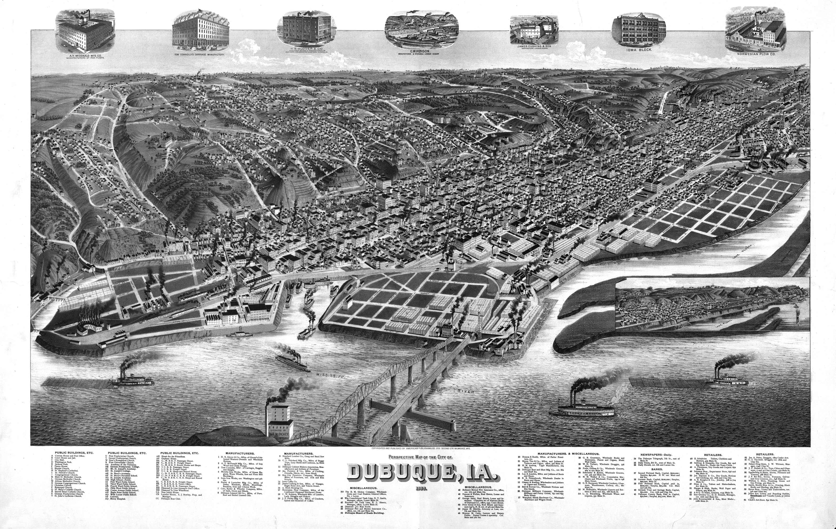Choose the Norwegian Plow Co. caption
coord(754,54)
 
